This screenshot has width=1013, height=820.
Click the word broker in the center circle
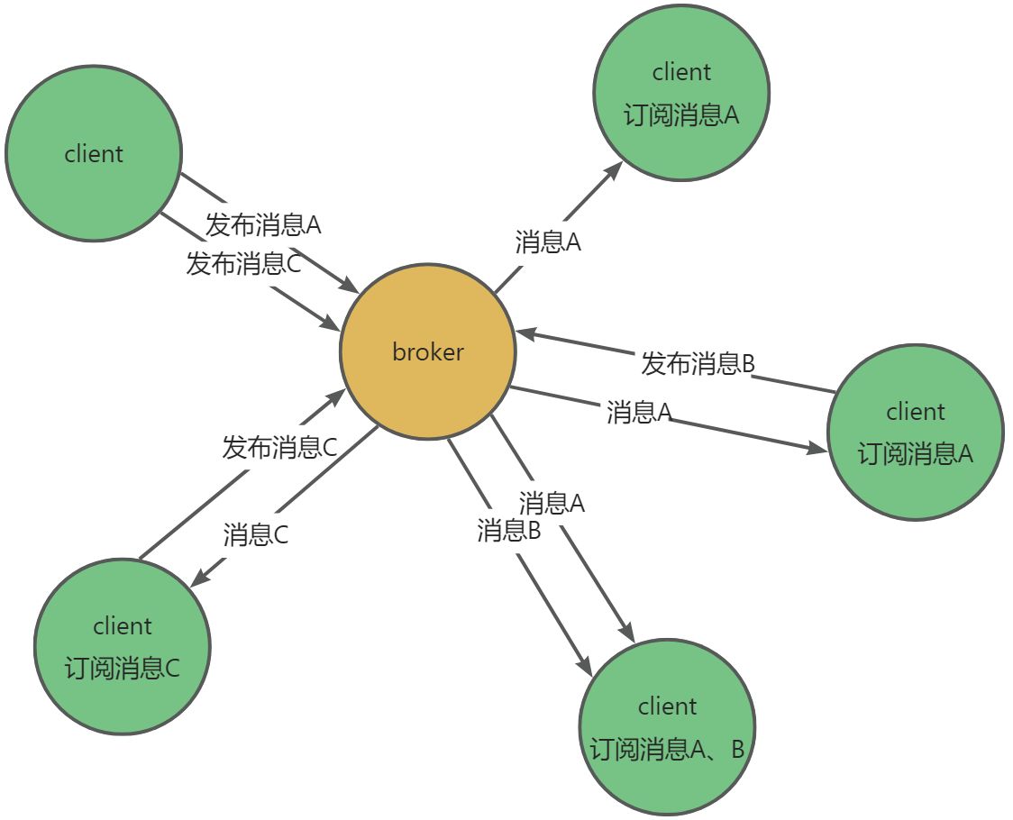(427, 351)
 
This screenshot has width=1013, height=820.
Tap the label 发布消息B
(698, 364)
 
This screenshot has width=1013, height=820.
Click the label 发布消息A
(263, 223)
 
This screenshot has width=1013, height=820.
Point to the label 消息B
(508, 531)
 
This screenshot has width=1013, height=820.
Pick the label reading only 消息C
(256, 535)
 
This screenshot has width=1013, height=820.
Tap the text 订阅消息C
(123, 669)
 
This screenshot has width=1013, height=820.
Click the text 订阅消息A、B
(667, 749)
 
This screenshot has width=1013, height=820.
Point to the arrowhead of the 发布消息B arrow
(525, 333)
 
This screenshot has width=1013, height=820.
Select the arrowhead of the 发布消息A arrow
(351, 287)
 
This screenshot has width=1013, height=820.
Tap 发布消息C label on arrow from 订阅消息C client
(279, 447)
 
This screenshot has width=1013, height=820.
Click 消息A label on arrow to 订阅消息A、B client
(552, 503)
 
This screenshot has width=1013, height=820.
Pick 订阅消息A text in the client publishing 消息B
(915, 453)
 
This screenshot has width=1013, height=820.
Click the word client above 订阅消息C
(123, 625)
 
